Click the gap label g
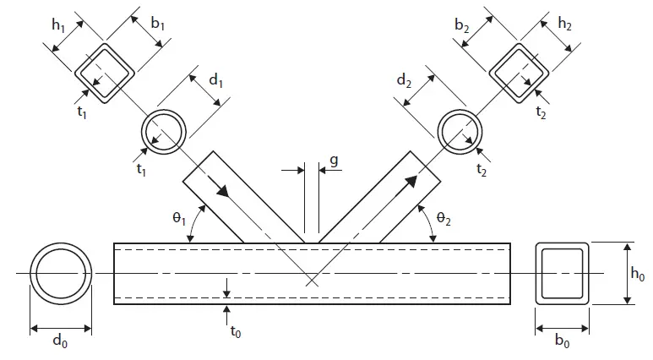[334, 161]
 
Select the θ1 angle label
[179, 218]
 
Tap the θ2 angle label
[443, 218]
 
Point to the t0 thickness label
[236, 331]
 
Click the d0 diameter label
[60, 341]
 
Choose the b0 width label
[563, 341]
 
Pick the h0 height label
[638, 274]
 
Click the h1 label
[58, 25]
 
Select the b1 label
[157, 24]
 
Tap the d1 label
[215, 80]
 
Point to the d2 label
[404, 80]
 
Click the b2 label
[461, 25]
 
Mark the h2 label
[564, 24]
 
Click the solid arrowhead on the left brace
[222, 188]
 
